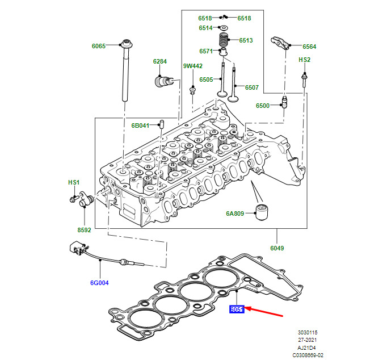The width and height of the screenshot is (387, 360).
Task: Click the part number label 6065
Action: (x=99, y=46)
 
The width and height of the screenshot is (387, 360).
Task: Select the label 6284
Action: (x=160, y=61)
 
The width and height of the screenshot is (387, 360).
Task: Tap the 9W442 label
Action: (x=192, y=66)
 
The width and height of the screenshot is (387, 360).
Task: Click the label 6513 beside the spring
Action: (x=246, y=40)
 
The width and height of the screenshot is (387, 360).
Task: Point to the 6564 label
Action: (x=309, y=47)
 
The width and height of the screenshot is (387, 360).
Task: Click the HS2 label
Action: (x=305, y=60)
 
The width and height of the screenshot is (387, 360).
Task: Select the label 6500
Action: (x=263, y=106)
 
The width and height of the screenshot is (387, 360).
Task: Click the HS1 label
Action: (x=74, y=182)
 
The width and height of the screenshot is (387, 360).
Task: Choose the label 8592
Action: (x=84, y=230)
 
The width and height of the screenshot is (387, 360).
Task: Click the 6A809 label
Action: (x=235, y=214)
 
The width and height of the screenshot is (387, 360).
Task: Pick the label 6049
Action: (x=277, y=248)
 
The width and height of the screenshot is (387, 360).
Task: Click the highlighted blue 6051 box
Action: (x=237, y=309)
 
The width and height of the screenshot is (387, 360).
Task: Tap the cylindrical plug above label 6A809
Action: (x=262, y=211)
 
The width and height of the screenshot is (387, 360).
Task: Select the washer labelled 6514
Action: (x=225, y=28)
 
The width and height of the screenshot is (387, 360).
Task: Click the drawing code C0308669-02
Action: (x=308, y=354)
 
